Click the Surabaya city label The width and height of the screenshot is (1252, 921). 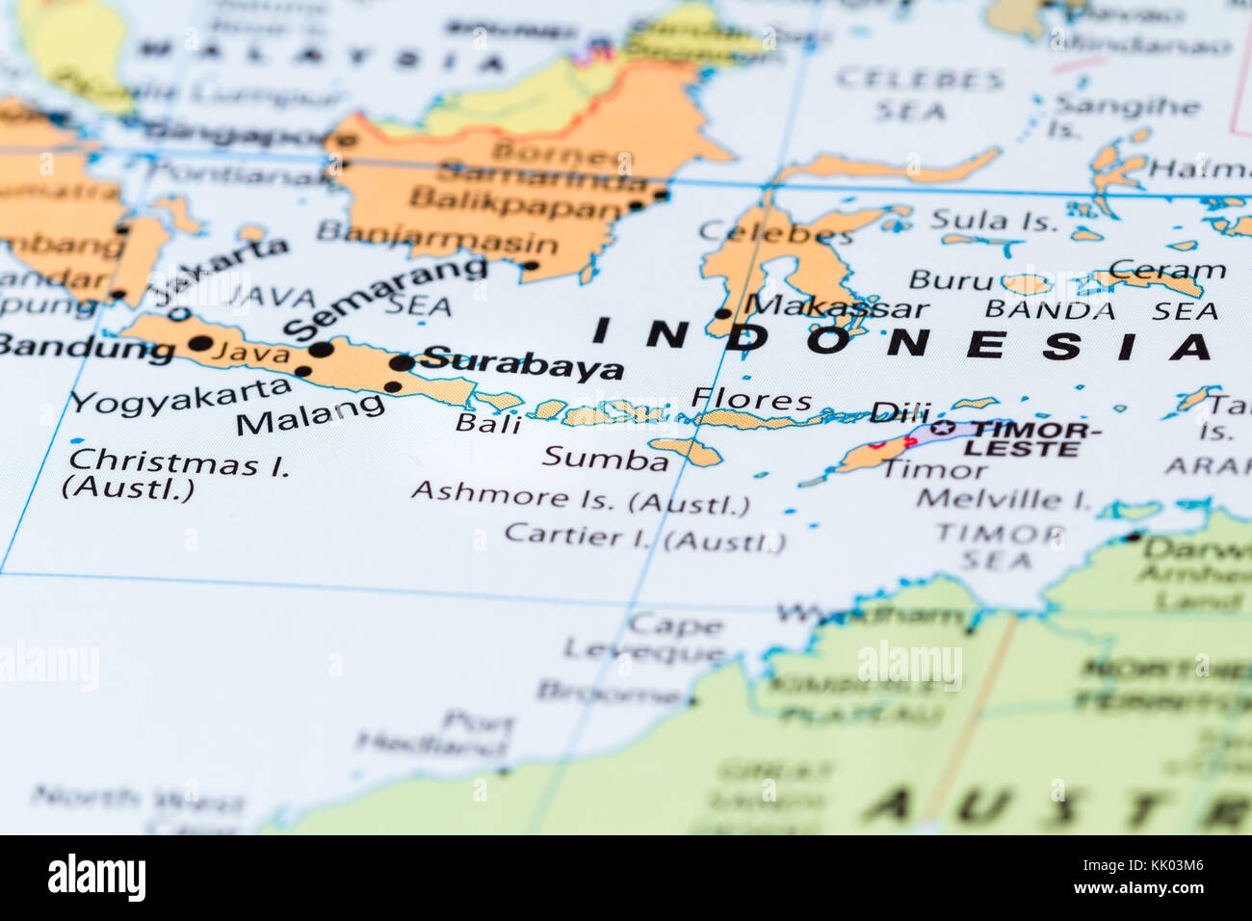(524, 364)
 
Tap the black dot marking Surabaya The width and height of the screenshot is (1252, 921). (401, 363)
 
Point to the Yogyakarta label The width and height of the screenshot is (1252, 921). (180, 396)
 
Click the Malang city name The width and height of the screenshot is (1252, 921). (309, 415)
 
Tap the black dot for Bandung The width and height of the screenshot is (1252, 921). (200, 343)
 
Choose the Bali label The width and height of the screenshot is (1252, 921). (488, 423)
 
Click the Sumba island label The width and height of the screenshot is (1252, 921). (605, 459)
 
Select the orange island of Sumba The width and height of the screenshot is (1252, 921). (686, 450)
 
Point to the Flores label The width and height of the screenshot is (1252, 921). (751, 398)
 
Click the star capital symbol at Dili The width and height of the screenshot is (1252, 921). (943, 428)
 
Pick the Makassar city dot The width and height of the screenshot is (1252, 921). (722, 313)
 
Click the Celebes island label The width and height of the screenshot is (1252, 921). (775, 232)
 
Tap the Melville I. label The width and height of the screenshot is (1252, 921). (1003, 498)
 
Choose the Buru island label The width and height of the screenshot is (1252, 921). (951, 280)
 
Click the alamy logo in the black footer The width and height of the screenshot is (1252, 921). (97, 878)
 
